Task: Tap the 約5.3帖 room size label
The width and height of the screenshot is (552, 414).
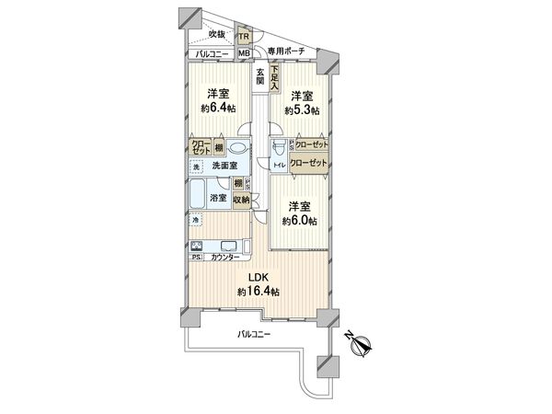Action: click(x=302, y=109)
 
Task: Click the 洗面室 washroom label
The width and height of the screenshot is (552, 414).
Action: click(x=225, y=167)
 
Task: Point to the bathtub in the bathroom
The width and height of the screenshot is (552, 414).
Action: click(x=198, y=194)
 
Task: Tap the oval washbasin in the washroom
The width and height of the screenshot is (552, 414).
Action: click(x=236, y=148)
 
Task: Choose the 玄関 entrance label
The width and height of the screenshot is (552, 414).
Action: click(x=261, y=76)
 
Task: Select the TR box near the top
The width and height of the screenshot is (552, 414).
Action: click(x=244, y=37)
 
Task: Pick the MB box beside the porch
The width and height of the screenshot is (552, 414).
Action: click(x=244, y=53)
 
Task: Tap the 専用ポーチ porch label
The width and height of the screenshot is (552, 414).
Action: click(x=285, y=51)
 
